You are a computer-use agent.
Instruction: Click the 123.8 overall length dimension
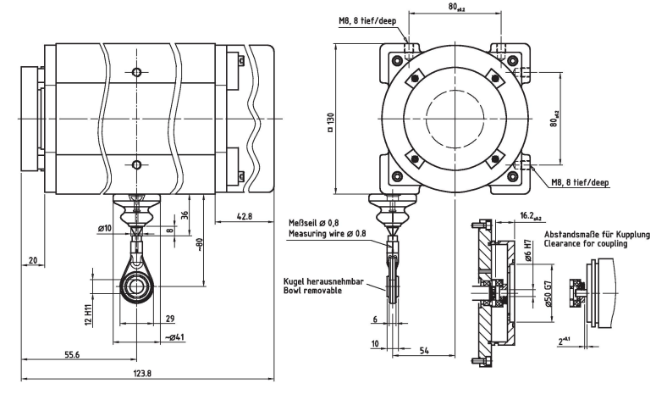point(143,373)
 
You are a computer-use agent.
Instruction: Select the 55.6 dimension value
point(72,355)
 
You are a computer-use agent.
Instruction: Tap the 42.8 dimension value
point(245,217)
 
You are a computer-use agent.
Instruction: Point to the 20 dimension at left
point(33,260)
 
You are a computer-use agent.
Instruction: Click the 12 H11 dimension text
point(88,314)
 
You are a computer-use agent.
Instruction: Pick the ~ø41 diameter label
point(174,336)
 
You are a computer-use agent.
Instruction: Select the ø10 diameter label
point(105,228)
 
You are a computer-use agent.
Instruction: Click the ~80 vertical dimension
point(199,244)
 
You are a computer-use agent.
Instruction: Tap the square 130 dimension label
point(330,122)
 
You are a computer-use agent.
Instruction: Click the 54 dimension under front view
point(424,351)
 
